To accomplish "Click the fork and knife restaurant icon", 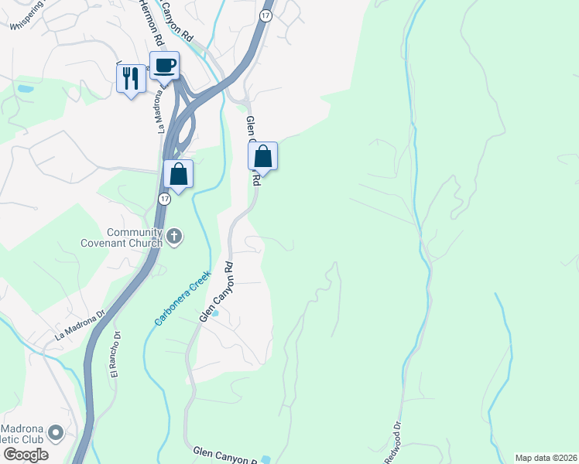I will coord(131,78).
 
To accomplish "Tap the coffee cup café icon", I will coord(164,65).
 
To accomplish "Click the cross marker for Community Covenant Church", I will coord(174,237).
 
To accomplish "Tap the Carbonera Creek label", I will coord(182,297).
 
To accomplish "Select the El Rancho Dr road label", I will coord(116,354).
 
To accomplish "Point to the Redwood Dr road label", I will coord(393,442).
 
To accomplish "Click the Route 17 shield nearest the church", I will coord(164,199).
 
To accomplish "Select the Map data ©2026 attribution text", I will coord(546,458).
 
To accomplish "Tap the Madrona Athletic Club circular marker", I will coord(56,432).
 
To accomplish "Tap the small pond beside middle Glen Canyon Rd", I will coord(216,313).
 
